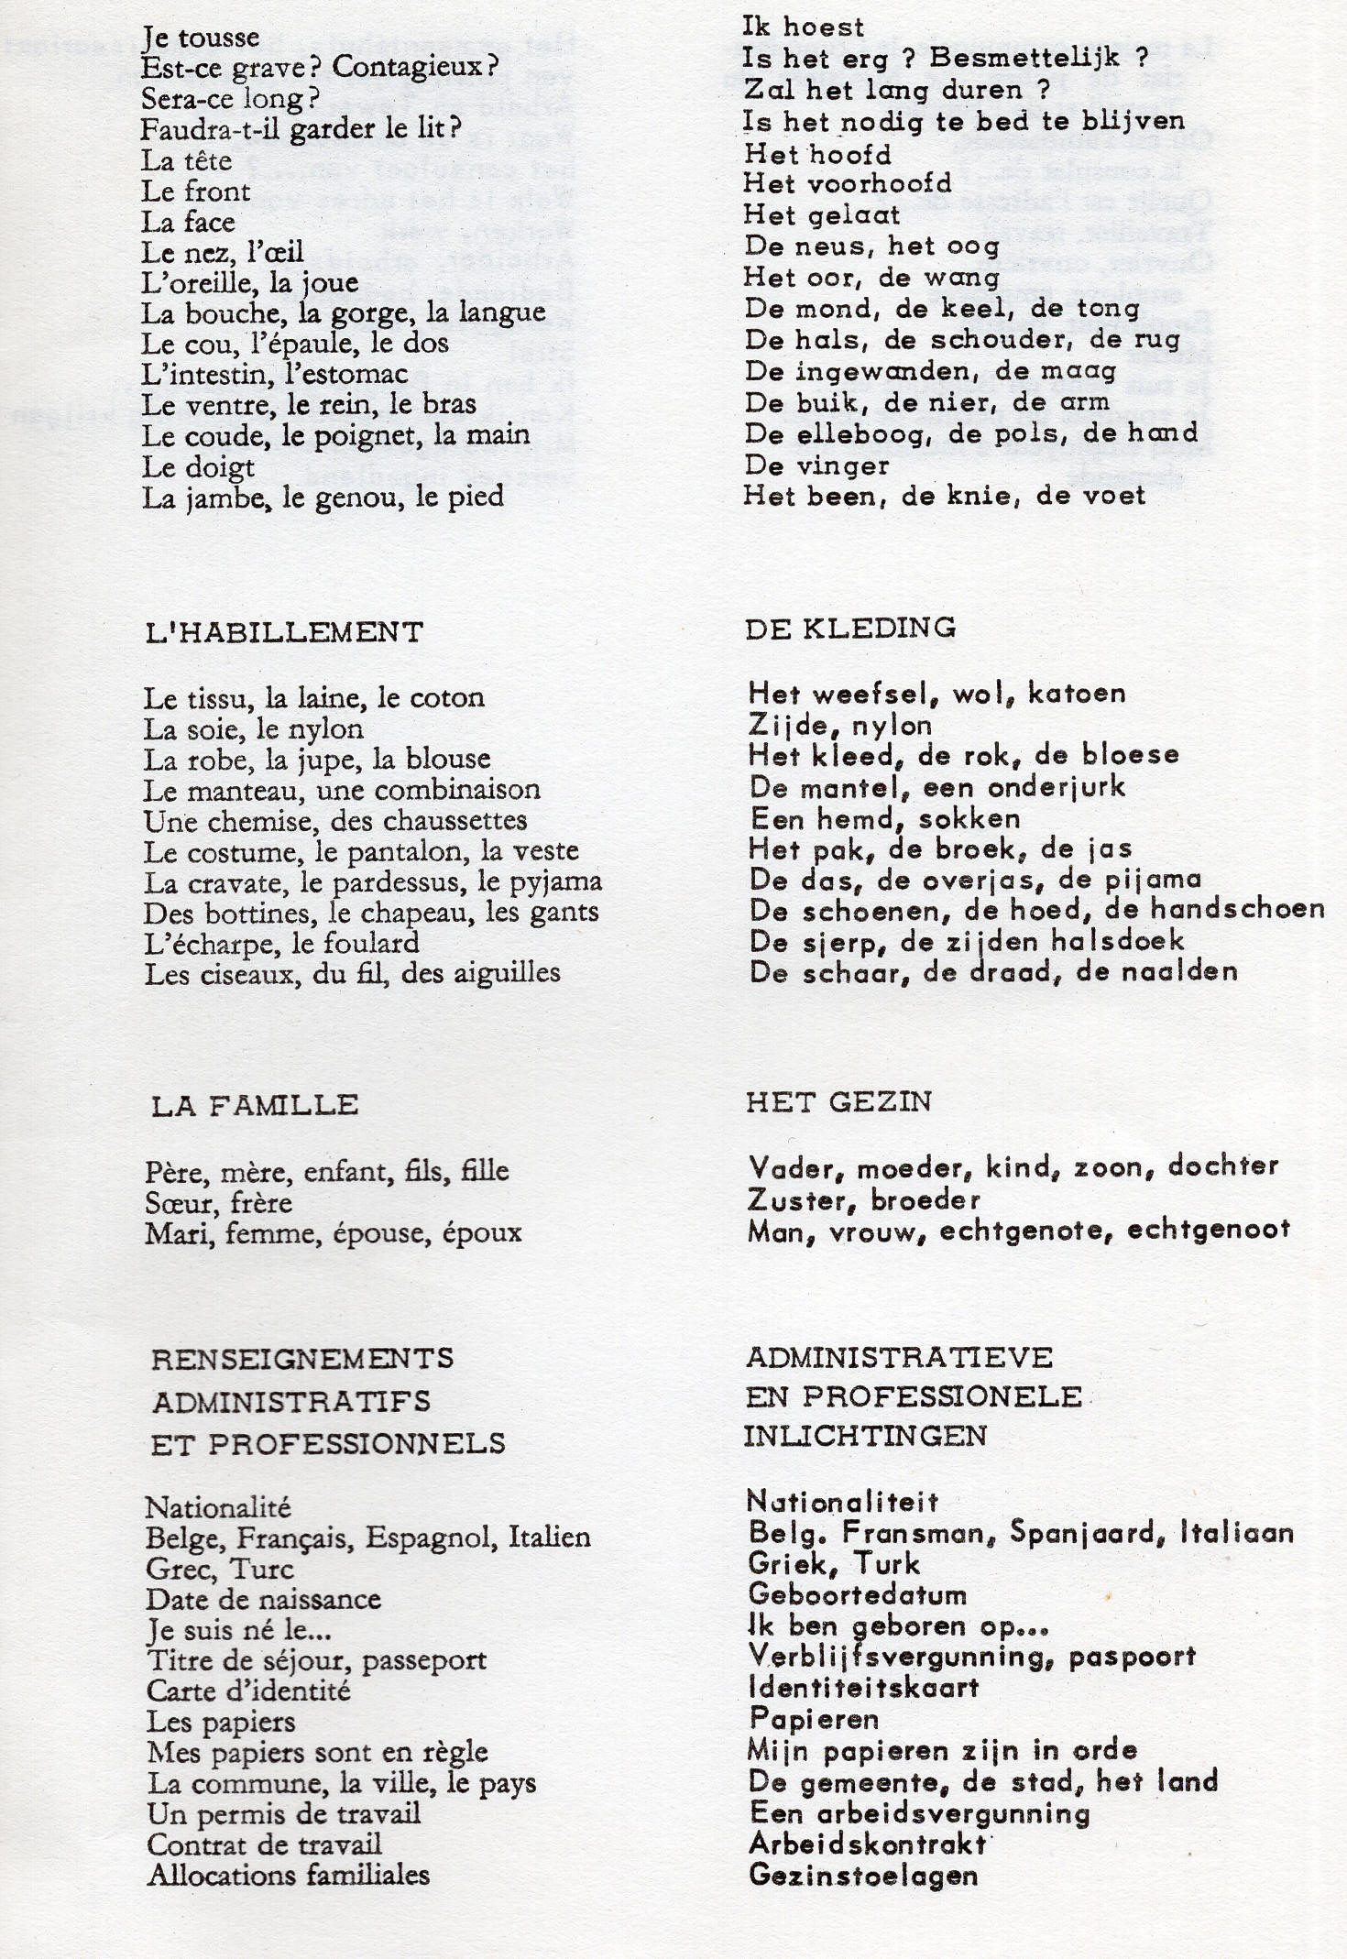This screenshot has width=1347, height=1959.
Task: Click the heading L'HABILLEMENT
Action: [x=283, y=632]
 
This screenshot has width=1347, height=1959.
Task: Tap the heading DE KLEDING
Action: [x=850, y=628]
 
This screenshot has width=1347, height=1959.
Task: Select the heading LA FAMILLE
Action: [x=255, y=1105]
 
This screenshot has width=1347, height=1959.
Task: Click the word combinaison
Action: [x=458, y=790]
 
